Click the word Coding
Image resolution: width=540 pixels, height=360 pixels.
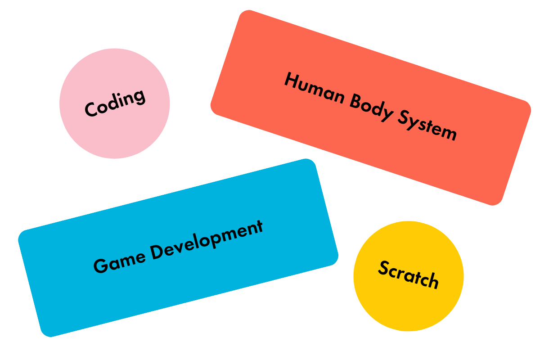115,103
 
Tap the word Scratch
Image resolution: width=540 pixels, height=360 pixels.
408,274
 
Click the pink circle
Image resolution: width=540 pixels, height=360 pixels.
115,130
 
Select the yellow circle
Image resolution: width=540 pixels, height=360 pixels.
408,306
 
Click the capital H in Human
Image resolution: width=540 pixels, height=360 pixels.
291,81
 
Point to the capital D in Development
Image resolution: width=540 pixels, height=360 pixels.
156,252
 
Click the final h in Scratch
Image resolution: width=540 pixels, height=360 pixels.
432,281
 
